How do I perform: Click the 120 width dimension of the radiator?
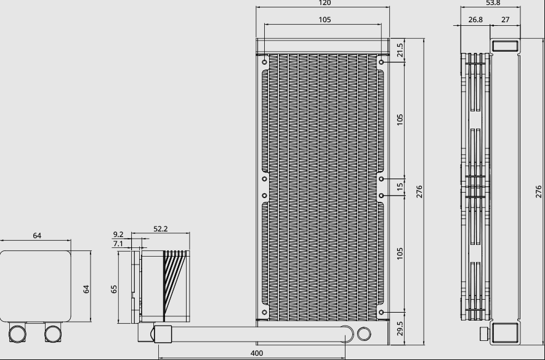(x=325, y=3)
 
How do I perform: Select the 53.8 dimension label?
(x=493, y=3)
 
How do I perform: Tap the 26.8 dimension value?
(x=475, y=20)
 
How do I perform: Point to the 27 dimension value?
(x=506, y=20)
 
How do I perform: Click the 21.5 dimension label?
(x=400, y=50)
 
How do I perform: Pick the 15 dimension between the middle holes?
(x=400, y=186)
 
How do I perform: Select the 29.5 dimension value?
(x=400, y=329)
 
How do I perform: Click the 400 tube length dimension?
(x=257, y=353)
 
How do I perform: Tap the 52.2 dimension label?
(x=161, y=229)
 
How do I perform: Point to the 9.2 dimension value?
(x=118, y=234)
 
